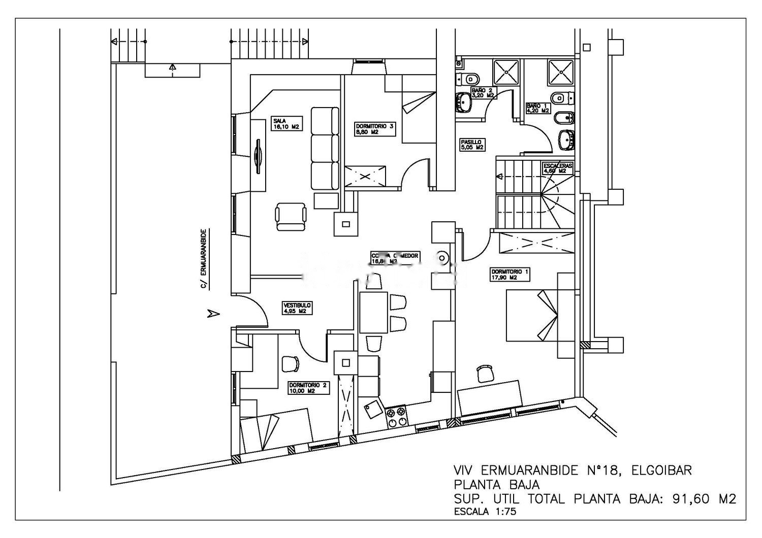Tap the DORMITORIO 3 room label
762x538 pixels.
point(374,128)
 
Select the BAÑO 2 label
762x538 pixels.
point(483,92)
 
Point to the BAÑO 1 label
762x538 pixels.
point(537,108)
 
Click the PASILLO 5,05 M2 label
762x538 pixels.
point(471,145)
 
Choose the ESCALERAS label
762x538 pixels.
point(557,168)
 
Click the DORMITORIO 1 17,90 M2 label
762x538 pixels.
point(510,275)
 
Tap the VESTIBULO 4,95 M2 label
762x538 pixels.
point(297,308)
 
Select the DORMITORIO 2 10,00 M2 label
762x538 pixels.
point(308,388)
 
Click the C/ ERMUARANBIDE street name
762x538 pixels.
point(203,259)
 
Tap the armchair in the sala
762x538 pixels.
point(291,217)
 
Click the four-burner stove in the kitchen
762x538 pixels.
point(397,417)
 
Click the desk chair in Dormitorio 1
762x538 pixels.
point(485,373)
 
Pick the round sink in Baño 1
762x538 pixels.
point(566,140)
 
